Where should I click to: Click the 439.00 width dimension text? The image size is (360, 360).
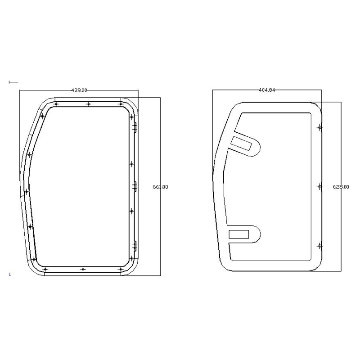tap(79, 90)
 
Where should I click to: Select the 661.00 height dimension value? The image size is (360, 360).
tap(160, 187)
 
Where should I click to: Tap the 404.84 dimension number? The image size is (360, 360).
tap(267, 90)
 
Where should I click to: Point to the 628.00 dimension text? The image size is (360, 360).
tap(340, 187)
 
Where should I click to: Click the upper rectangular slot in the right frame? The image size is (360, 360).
tap(242, 143)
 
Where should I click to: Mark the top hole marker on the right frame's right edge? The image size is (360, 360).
tap(320, 127)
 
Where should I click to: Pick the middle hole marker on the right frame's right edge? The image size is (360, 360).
tap(320, 186)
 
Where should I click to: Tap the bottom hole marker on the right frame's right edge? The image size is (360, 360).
tap(320, 246)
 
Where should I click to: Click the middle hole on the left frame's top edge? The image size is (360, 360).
tap(88, 104)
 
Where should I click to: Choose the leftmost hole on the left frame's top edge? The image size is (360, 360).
tap(56, 104)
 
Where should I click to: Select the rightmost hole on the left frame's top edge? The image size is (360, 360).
tap(121, 104)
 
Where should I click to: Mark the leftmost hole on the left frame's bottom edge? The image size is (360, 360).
tap(45, 269)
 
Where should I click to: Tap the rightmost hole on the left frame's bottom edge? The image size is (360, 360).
tap(120, 269)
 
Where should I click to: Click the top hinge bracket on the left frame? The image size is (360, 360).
tap(134, 127)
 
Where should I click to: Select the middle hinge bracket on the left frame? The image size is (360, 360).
tap(134, 186)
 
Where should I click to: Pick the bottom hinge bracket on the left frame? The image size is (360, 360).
tap(134, 246)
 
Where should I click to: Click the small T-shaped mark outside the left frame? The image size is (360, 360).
tap(13, 82)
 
